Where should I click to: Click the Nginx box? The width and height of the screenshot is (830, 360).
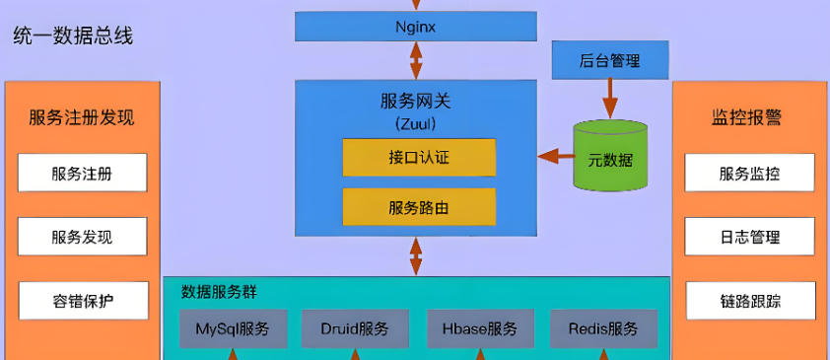[415, 27]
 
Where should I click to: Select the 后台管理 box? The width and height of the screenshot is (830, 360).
[609, 61]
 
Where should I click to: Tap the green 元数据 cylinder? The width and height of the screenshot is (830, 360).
[610, 157]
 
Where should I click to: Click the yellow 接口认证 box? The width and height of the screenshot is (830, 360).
[419, 158]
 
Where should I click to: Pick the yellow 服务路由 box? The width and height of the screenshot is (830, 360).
[419, 207]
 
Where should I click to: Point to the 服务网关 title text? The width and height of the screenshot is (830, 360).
[415, 101]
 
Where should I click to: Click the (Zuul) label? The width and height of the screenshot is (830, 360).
[415, 123]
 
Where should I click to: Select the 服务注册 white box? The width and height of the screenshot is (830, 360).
[82, 174]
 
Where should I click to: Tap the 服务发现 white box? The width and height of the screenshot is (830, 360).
[82, 237]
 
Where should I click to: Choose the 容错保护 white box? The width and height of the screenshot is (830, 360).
[82, 300]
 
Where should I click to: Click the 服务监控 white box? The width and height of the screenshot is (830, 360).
[749, 174]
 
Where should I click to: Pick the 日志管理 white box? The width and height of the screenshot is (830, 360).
[749, 237]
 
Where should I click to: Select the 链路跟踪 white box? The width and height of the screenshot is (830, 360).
[749, 300]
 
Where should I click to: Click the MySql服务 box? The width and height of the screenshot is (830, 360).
[233, 328]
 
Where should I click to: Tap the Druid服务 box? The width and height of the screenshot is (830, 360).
[355, 328]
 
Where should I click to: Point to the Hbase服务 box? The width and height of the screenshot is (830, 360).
[480, 328]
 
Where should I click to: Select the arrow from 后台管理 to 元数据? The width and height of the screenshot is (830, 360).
[610, 99]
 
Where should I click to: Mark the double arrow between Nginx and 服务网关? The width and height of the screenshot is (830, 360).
[416, 61]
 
